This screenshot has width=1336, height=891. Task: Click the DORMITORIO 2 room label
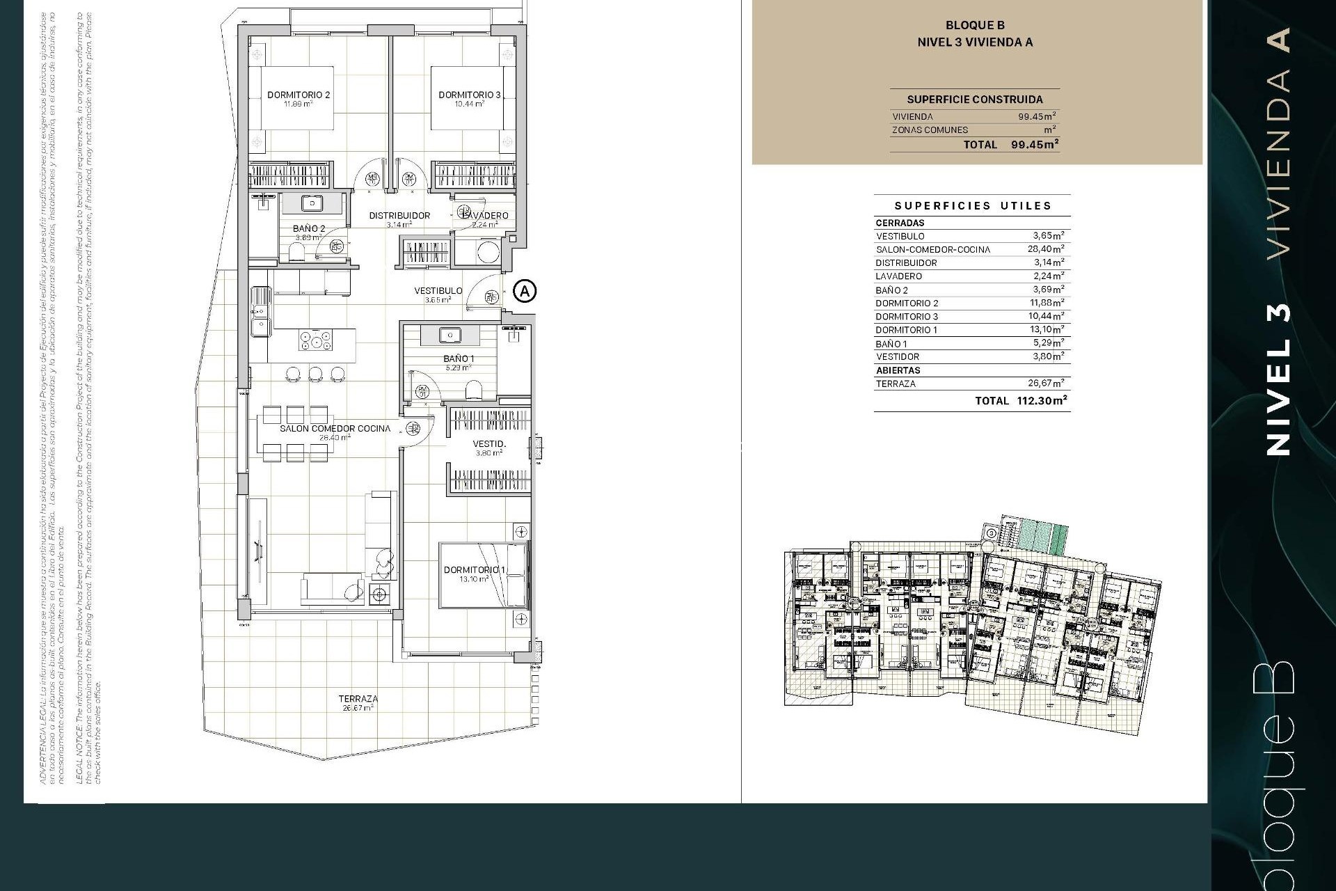tap(299, 95)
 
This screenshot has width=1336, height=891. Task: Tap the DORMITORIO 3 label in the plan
tap(469, 95)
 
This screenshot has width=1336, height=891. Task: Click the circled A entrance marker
tap(525, 290)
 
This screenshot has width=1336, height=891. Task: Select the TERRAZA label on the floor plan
tap(358, 699)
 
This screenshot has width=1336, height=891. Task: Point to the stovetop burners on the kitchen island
tap(315, 341)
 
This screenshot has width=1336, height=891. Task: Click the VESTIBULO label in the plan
tap(438, 291)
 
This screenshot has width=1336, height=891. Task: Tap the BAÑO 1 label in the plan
tap(459, 359)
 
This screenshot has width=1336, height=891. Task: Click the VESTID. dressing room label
tap(489, 444)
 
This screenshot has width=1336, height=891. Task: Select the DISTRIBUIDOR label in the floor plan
tap(399, 216)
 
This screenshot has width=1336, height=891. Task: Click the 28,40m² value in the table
tap(1046, 249)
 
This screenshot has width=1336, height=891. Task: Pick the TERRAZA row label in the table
tap(896, 384)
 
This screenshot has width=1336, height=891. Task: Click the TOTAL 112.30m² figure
tap(1042, 401)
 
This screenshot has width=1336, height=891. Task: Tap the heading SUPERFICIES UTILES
tap(973, 206)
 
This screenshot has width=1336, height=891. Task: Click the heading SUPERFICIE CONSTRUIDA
tap(974, 100)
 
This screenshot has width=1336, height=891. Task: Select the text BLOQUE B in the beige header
tap(974, 26)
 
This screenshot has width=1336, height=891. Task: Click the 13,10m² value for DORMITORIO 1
tap(1046, 330)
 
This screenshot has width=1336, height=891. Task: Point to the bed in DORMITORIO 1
tap(483, 576)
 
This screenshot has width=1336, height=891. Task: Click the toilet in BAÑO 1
tap(473, 388)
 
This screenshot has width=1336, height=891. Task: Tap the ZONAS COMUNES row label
tap(930, 130)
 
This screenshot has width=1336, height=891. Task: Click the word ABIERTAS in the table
tap(898, 370)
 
